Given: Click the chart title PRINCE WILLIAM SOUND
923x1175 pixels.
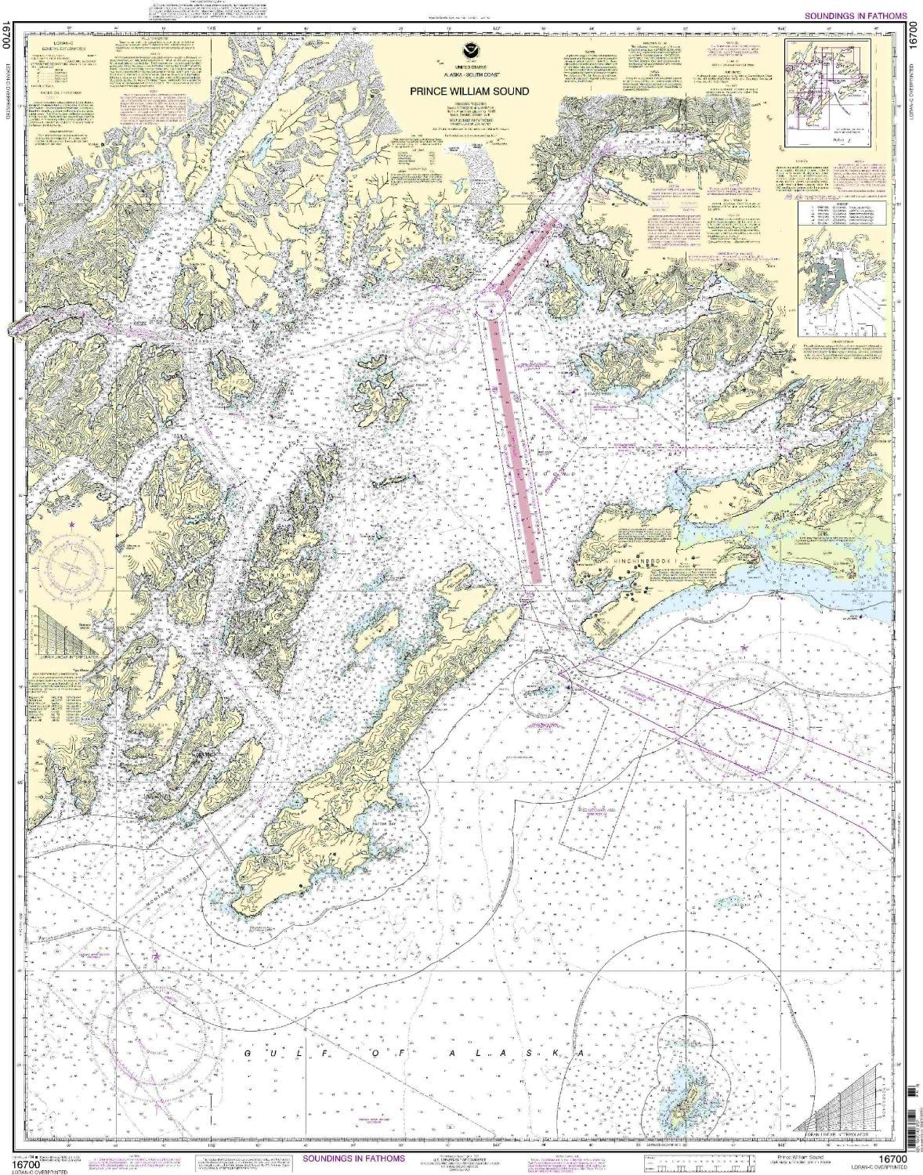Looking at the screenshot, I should pyautogui.click(x=469, y=91).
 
